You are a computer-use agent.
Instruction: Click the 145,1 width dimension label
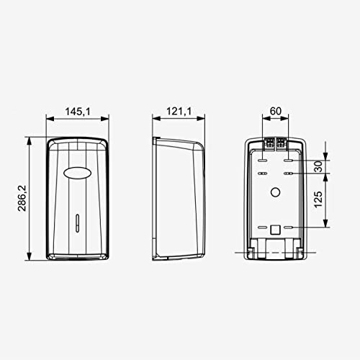pos(78,112)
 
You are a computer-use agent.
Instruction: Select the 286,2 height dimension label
pos(22,198)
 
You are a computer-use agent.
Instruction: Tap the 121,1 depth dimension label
pos(179,111)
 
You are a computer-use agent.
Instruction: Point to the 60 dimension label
pos(276,111)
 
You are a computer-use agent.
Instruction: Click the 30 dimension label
pos(318,166)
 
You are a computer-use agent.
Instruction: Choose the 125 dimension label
pos(318,199)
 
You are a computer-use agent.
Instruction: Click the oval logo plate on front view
pos(77,172)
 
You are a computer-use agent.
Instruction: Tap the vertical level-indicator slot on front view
pos(77,222)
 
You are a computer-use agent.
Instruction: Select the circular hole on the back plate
pos(275,192)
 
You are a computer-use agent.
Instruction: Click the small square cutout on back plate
pos(275,230)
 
